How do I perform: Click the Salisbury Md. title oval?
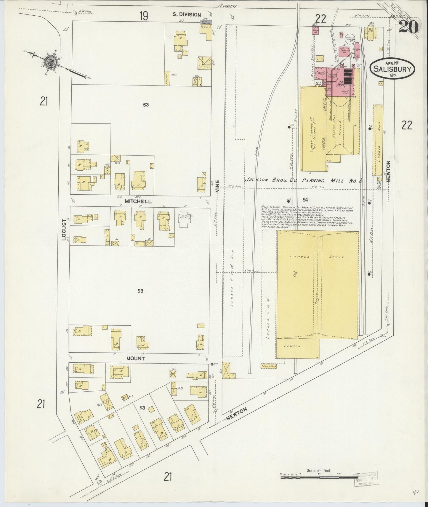pyautogui.click(x=392, y=69)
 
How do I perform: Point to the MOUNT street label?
pyautogui.click(x=136, y=358)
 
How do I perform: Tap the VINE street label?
pyautogui.click(x=218, y=186)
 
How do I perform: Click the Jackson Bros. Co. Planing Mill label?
pyautogui.click(x=304, y=180)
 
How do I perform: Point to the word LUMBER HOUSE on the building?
pyautogui.click(x=318, y=257)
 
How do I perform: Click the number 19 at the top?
pyautogui.click(x=144, y=16)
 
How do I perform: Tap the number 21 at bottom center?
pyautogui.click(x=168, y=477)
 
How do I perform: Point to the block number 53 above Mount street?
pyautogui.click(x=140, y=291)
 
